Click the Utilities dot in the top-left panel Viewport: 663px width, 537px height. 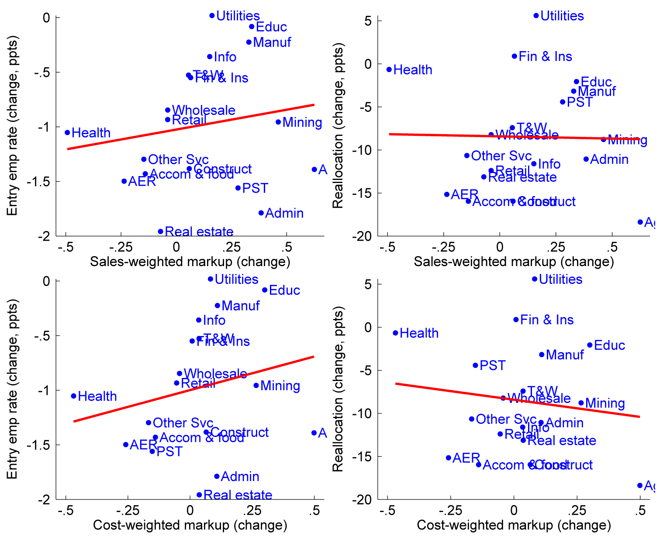click(212, 16)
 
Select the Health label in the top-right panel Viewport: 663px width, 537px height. click(413, 70)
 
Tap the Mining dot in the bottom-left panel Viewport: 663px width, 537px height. click(256, 385)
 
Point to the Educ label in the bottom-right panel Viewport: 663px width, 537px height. click(609, 346)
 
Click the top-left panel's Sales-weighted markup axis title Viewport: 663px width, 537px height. click(190, 262)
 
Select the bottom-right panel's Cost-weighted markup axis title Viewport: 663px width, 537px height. click(514, 525)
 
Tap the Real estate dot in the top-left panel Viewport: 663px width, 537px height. click(160, 232)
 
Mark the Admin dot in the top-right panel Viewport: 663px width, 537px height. click(586, 159)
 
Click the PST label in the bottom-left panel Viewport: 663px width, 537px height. click(169, 451)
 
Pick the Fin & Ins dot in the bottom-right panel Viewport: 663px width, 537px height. click(516, 320)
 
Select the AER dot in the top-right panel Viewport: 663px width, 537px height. click(447, 194)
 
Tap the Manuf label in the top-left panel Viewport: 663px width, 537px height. click(272, 42)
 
